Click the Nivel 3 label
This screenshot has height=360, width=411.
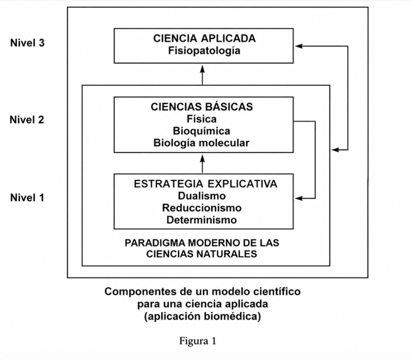(28, 42)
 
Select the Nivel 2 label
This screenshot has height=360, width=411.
(27, 119)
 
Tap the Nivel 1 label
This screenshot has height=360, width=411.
(27, 197)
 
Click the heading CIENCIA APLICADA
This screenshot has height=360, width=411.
(204, 38)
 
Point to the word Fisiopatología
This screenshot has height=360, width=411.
(204, 51)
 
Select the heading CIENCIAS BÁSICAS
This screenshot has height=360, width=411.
(202, 107)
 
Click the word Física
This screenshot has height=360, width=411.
(201, 119)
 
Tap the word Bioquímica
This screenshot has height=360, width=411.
(201, 131)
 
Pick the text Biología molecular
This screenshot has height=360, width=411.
(201, 143)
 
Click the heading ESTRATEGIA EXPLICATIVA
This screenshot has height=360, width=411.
(205, 184)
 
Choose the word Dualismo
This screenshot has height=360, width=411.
(202, 196)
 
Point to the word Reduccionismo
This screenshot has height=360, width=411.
(202, 208)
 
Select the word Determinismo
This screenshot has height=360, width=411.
(201, 220)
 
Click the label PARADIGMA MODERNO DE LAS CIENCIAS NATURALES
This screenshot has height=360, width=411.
(202, 248)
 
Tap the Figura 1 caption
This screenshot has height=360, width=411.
(197, 341)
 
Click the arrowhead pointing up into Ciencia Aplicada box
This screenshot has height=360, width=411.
(202, 69)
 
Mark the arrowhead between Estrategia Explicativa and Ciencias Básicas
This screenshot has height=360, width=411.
(202, 158)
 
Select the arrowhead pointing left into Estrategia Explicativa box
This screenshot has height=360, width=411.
(299, 198)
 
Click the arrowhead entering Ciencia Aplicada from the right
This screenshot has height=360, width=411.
(299, 46)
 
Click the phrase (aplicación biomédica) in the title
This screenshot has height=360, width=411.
(203, 317)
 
